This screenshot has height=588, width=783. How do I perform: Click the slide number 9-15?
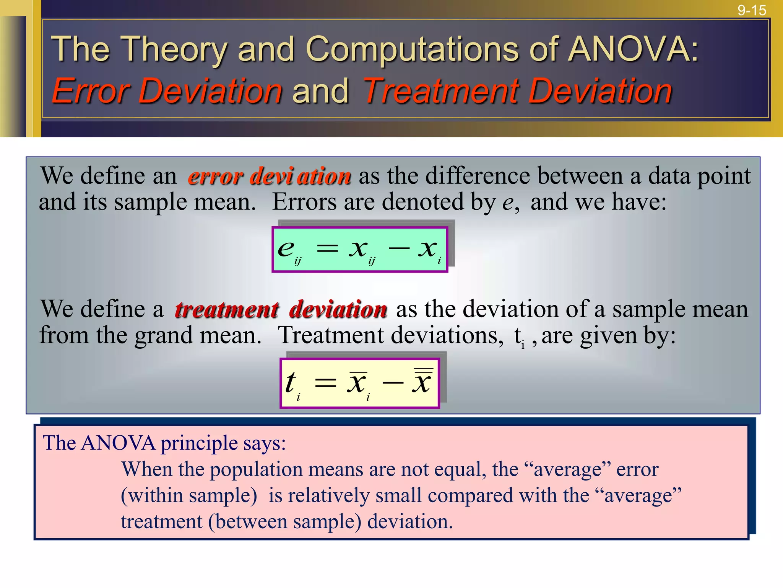tap(751, 10)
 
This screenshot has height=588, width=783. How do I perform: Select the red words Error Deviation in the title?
tap(167, 91)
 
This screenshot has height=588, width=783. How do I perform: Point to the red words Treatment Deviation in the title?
tap(517, 91)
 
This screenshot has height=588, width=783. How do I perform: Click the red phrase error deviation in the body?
tap(270, 176)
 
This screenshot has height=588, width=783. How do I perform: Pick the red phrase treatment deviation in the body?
tap(281, 309)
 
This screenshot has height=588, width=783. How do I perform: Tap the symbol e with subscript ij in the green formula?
tap(288, 250)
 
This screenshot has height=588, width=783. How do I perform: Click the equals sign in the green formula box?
tap(327, 249)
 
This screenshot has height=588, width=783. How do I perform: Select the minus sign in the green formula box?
tap(399, 248)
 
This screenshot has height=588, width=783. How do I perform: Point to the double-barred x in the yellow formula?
tap(422, 381)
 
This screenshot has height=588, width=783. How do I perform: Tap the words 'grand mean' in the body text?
tap(198, 335)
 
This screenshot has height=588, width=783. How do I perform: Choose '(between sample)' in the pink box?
tap(285, 522)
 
